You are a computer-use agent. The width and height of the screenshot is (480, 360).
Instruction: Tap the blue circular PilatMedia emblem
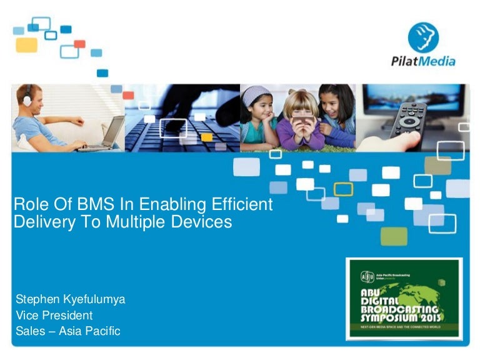[x=423, y=36]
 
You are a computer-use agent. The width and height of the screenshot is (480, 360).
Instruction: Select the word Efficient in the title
[x=237, y=204]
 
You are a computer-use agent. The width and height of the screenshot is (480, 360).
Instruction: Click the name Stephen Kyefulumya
[x=70, y=299]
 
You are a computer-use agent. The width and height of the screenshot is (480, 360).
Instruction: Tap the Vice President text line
[x=54, y=316]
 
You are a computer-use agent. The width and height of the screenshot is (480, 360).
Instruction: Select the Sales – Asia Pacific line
[x=67, y=331]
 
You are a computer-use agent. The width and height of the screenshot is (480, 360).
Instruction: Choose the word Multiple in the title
[x=125, y=222]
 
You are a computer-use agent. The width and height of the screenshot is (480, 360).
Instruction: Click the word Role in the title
[x=27, y=204]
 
